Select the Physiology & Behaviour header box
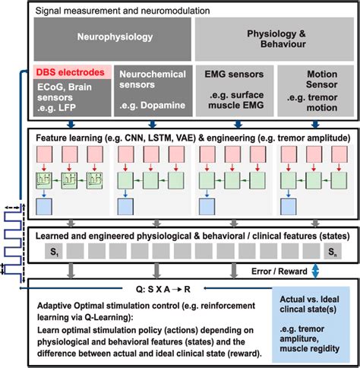click(x=274, y=35)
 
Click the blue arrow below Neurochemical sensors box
click(x=152, y=125)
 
